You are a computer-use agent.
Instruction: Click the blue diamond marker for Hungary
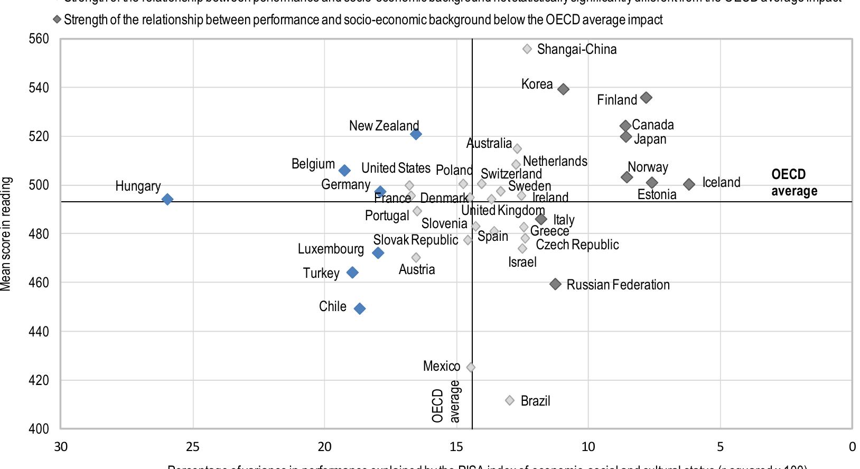(x=167, y=199)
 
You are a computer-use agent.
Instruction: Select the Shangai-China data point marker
(x=527, y=49)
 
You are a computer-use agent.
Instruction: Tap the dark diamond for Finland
(x=646, y=98)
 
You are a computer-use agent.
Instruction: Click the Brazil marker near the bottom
(x=510, y=400)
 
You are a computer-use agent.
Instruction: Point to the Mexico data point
(x=471, y=367)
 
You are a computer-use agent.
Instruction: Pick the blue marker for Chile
(x=359, y=308)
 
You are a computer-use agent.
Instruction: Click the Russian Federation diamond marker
(x=555, y=284)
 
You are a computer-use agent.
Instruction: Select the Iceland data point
(x=689, y=184)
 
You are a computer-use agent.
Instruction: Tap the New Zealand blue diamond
(x=416, y=134)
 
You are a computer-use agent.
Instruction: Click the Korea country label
(x=537, y=85)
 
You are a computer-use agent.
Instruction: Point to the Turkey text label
(x=321, y=273)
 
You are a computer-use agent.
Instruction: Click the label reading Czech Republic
(x=577, y=245)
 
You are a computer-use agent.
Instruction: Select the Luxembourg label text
(x=331, y=249)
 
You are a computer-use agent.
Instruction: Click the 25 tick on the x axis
(x=193, y=447)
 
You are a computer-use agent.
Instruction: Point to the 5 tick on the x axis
(x=720, y=447)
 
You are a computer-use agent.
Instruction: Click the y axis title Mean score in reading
(x=6, y=233)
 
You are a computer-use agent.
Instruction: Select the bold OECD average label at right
(x=793, y=183)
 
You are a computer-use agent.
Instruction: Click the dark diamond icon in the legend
(x=57, y=20)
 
